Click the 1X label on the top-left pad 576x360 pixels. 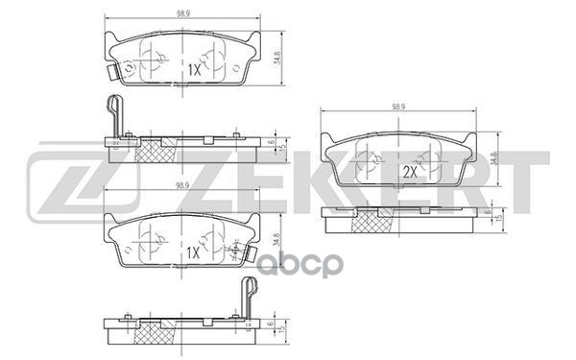tap(192, 69)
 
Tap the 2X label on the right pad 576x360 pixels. tap(408, 172)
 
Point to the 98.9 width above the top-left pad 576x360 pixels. tap(182, 13)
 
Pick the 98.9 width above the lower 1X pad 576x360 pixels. tap(182, 198)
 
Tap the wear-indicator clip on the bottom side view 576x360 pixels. tap(250, 294)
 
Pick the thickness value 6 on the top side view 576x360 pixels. tap(273, 141)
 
